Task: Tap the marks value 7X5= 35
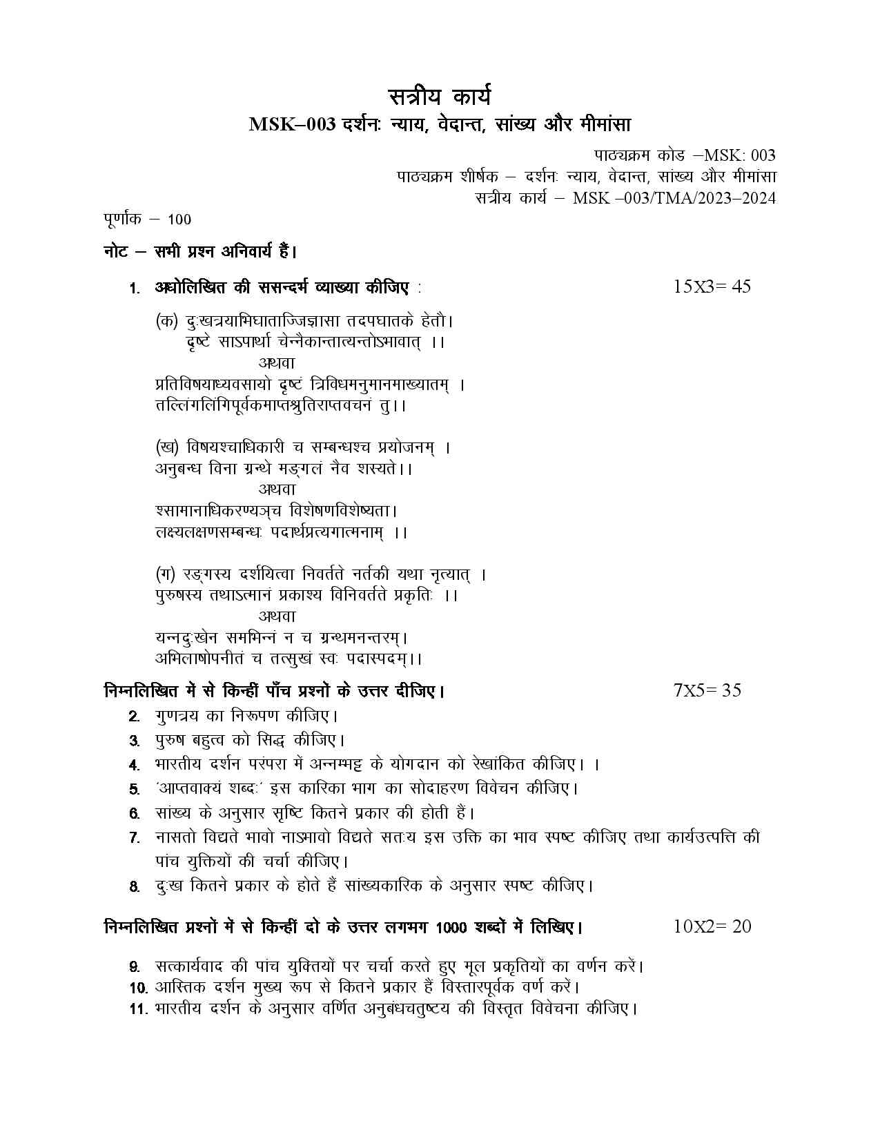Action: [x=707, y=690]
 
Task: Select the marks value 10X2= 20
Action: [x=712, y=926]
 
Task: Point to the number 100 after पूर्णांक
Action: [x=179, y=220]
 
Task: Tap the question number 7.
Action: [x=135, y=838]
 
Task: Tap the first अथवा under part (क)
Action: [x=277, y=362]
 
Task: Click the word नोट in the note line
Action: [x=115, y=252]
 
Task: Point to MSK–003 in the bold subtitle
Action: [x=293, y=125]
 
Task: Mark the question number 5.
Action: [x=135, y=788]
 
